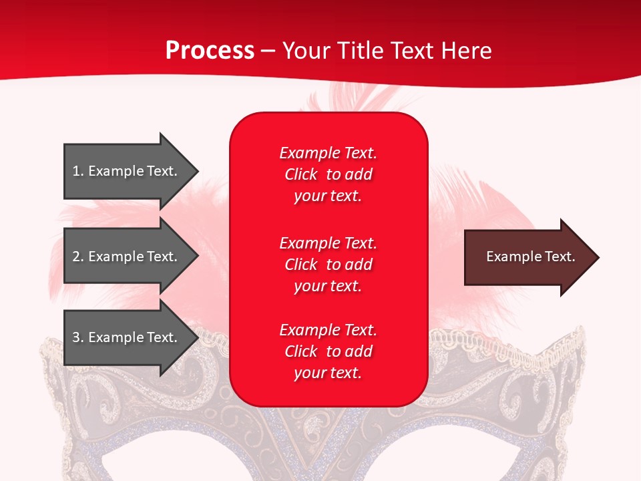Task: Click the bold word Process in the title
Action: coord(210,51)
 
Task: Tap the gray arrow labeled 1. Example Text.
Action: coord(120,171)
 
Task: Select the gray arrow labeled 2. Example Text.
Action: coord(120,257)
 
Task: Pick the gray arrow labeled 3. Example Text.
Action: coord(120,337)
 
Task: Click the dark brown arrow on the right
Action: coord(521,257)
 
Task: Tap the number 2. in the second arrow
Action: coord(78,257)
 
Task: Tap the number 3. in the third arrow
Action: coord(78,337)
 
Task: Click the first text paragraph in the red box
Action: coord(328,174)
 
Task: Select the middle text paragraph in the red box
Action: coord(328,264)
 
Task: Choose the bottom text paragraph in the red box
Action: coord(328,351)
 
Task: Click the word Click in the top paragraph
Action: coord(301,174)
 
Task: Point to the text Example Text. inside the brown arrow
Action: coord(531,257)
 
